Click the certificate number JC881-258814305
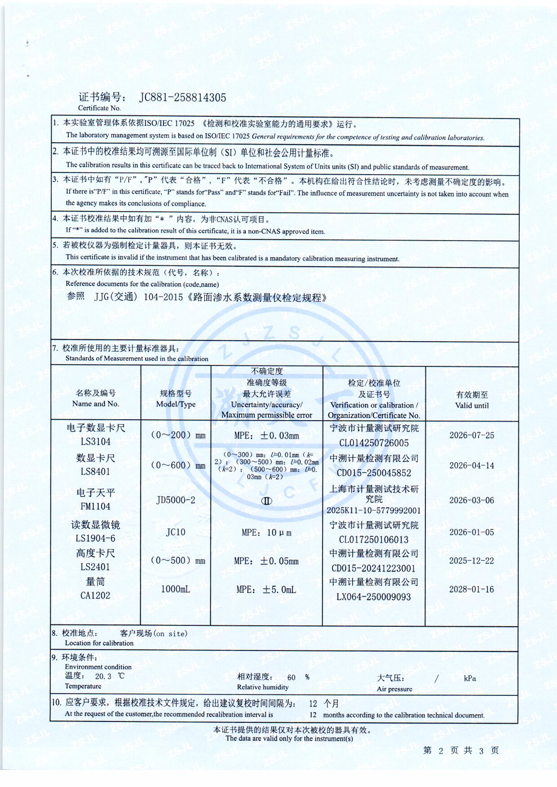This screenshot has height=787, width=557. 183,97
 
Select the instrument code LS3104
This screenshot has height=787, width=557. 96,442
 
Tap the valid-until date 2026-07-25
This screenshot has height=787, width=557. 472,435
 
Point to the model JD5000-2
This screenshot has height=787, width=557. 176,500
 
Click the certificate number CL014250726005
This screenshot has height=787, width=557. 374,443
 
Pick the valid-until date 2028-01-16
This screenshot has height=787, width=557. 471,589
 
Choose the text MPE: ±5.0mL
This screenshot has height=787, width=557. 266,589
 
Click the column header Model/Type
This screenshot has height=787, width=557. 176,404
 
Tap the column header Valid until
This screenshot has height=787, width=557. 472,405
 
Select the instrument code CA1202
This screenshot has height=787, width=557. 95,596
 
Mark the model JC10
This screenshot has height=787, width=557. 176,532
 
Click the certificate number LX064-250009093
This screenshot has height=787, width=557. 374,597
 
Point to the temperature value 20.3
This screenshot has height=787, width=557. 103,676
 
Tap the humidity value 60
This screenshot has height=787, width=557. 292,677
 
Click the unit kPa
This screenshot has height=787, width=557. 470,678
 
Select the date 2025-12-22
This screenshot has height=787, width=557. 471,561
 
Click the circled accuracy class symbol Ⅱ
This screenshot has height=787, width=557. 266,501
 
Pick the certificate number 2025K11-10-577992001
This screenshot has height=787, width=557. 374,510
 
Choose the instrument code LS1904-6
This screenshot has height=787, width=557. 95,538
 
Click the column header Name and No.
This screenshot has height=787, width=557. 96,404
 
